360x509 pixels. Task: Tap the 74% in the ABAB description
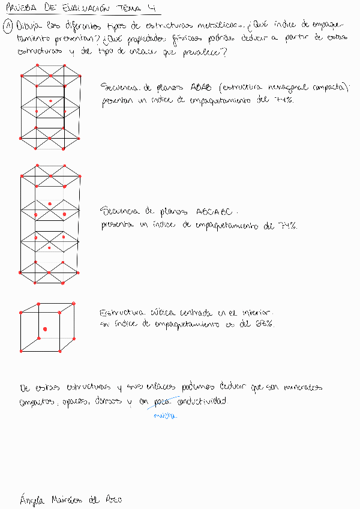tap(283, 101)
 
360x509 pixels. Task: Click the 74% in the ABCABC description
tap(287, 226)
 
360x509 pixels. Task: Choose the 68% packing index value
tap(266, 324)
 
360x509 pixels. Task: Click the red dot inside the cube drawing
tap(45, 328)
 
